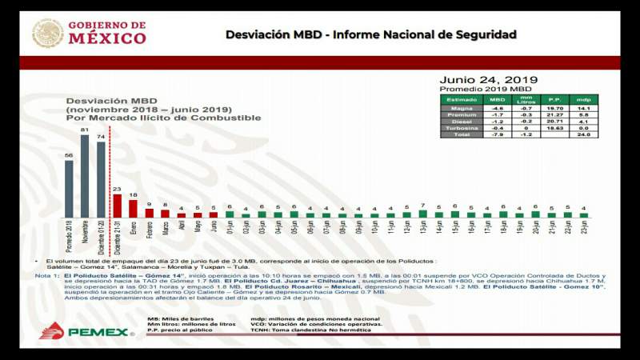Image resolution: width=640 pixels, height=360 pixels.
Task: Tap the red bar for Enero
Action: point(133,208)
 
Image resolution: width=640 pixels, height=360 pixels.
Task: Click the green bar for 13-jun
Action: point(422,214)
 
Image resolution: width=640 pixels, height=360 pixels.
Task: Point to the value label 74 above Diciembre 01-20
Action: point(101,136)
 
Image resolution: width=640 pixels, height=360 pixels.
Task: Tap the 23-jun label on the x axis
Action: point(584,231)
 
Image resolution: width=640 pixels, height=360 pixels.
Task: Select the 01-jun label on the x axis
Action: point(230,231)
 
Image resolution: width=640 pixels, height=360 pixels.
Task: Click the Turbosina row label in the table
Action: point(462,127)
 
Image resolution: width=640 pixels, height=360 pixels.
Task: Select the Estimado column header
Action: point(462,99)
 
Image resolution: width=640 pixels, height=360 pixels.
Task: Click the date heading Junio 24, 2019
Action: point(488,79)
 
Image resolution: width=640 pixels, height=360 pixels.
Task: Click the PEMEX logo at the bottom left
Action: point(83,331)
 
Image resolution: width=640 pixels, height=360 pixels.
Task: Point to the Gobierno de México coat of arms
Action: point(48,33)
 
